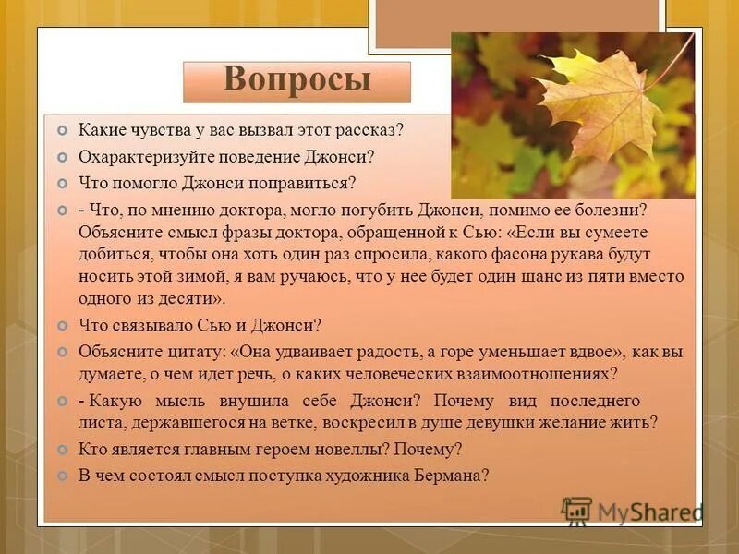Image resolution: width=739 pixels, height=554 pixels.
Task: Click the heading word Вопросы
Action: click(x=297, y=81)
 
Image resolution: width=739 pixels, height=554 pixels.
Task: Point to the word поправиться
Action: click(x=309, y=183)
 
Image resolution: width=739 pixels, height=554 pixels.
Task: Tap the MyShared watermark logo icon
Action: click(x=577, y=512)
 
